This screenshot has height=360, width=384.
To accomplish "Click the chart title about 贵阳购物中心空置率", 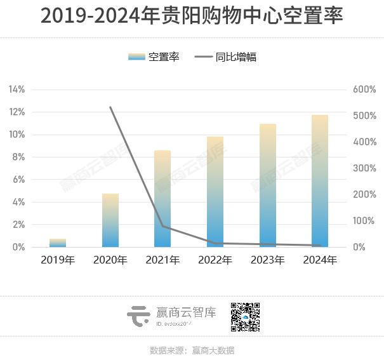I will tap(192, 16).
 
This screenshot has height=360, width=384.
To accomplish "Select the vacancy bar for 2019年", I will tap(58, 243).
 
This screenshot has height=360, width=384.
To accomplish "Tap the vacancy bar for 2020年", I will tap(110, 220).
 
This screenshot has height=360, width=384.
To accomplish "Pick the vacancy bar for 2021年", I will tap(162, 199).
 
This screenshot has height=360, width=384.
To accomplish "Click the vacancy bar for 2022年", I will tap(215, 192).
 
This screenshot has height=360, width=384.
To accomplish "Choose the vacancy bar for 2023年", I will tap(268, 185).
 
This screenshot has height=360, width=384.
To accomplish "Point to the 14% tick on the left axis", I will tap(17, 90).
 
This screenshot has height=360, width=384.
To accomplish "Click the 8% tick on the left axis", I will tap(18, 157).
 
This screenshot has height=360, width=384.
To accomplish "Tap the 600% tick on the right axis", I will tap(365, 90).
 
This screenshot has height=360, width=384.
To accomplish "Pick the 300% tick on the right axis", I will tap(365, 168).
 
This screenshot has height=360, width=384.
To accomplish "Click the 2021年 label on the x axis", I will tap(162, 260).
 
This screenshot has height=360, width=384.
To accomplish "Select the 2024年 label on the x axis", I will tap(320, 260).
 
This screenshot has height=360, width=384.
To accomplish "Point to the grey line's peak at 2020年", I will tap(110, 107).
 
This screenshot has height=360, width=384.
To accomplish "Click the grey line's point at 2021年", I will tap(162, 226).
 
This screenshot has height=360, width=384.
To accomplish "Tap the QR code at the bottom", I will tap(245, 317).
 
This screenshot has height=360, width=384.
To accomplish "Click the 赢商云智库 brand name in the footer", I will tap(186, 312).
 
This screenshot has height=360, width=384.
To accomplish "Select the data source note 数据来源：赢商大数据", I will tap(192, 350).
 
